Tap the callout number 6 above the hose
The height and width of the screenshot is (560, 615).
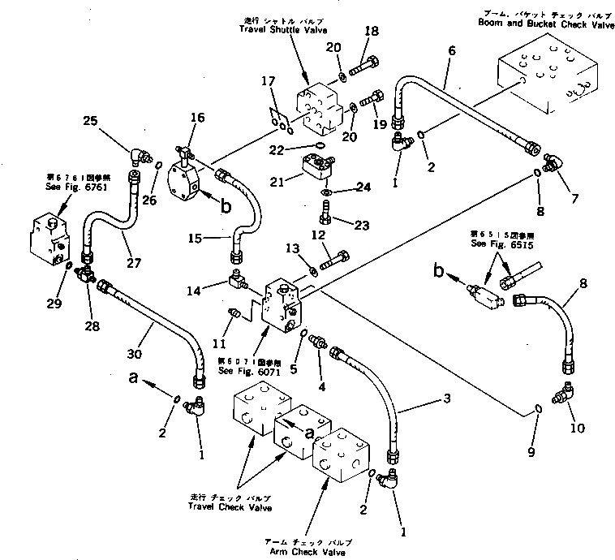pyautogui.click(x=452, y=50)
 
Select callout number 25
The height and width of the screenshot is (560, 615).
pyautogui.click(x=91, y=121)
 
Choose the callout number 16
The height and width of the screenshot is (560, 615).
pyautogui.click(x=198, y=118)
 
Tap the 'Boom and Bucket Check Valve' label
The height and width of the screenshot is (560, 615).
pyautogui.click(x=549, y=25)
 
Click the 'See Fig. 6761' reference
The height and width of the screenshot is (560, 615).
pyautogui.click(x=59, y=183)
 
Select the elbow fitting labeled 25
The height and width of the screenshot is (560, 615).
pyautogui.click(x=137, y=154)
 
